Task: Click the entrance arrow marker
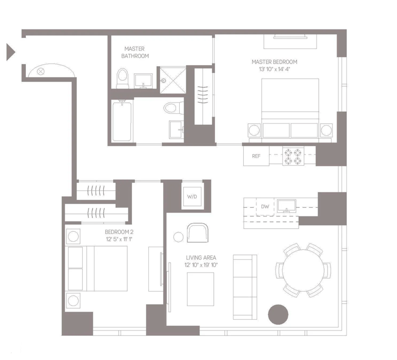(10, 52)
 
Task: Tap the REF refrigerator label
(256, 156)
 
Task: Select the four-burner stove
(293, 156)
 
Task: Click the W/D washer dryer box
(192, 197)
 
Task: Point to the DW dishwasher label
(265, 207)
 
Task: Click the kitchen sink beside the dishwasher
(287, 206)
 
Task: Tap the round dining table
(303, 270)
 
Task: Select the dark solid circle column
(278, 314)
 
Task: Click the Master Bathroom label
(135, 53)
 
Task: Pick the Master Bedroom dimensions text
(274, 69)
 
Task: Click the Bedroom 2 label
(119, 232)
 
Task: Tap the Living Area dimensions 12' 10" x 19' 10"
(201, 265)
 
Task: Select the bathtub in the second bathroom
(122, 121)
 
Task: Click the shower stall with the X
(173, 80)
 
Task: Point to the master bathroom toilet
(123, 78)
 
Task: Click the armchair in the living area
(198, 232)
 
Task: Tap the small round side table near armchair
(178, 237)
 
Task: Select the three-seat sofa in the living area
(245, 287)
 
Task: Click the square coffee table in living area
(200, 289)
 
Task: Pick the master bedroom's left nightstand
(254, 131)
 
